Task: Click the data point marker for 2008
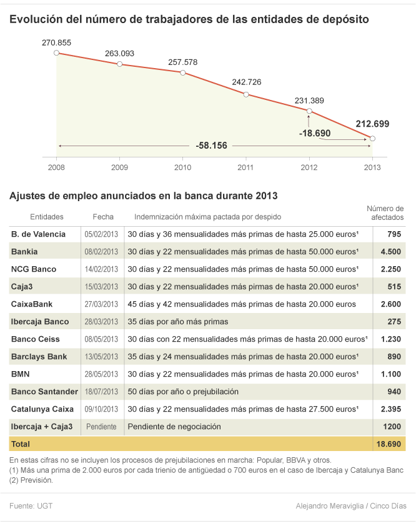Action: point(56,53)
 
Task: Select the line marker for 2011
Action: point(246,94)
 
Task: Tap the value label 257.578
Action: point(182,62)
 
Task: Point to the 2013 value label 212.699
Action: point(372,124)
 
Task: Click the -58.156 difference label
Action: point(211,146)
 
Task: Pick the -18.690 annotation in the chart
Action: point(315,133)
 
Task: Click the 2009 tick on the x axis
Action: point(119,167)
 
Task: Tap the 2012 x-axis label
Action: point(309,167)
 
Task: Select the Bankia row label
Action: point(24,252)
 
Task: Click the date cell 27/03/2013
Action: point(101,304)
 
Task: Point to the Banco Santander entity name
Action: point(44,392)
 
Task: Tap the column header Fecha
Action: point(103,217)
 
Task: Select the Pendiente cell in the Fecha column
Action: point(101,427)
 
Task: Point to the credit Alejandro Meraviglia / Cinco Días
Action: point(350,506)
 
